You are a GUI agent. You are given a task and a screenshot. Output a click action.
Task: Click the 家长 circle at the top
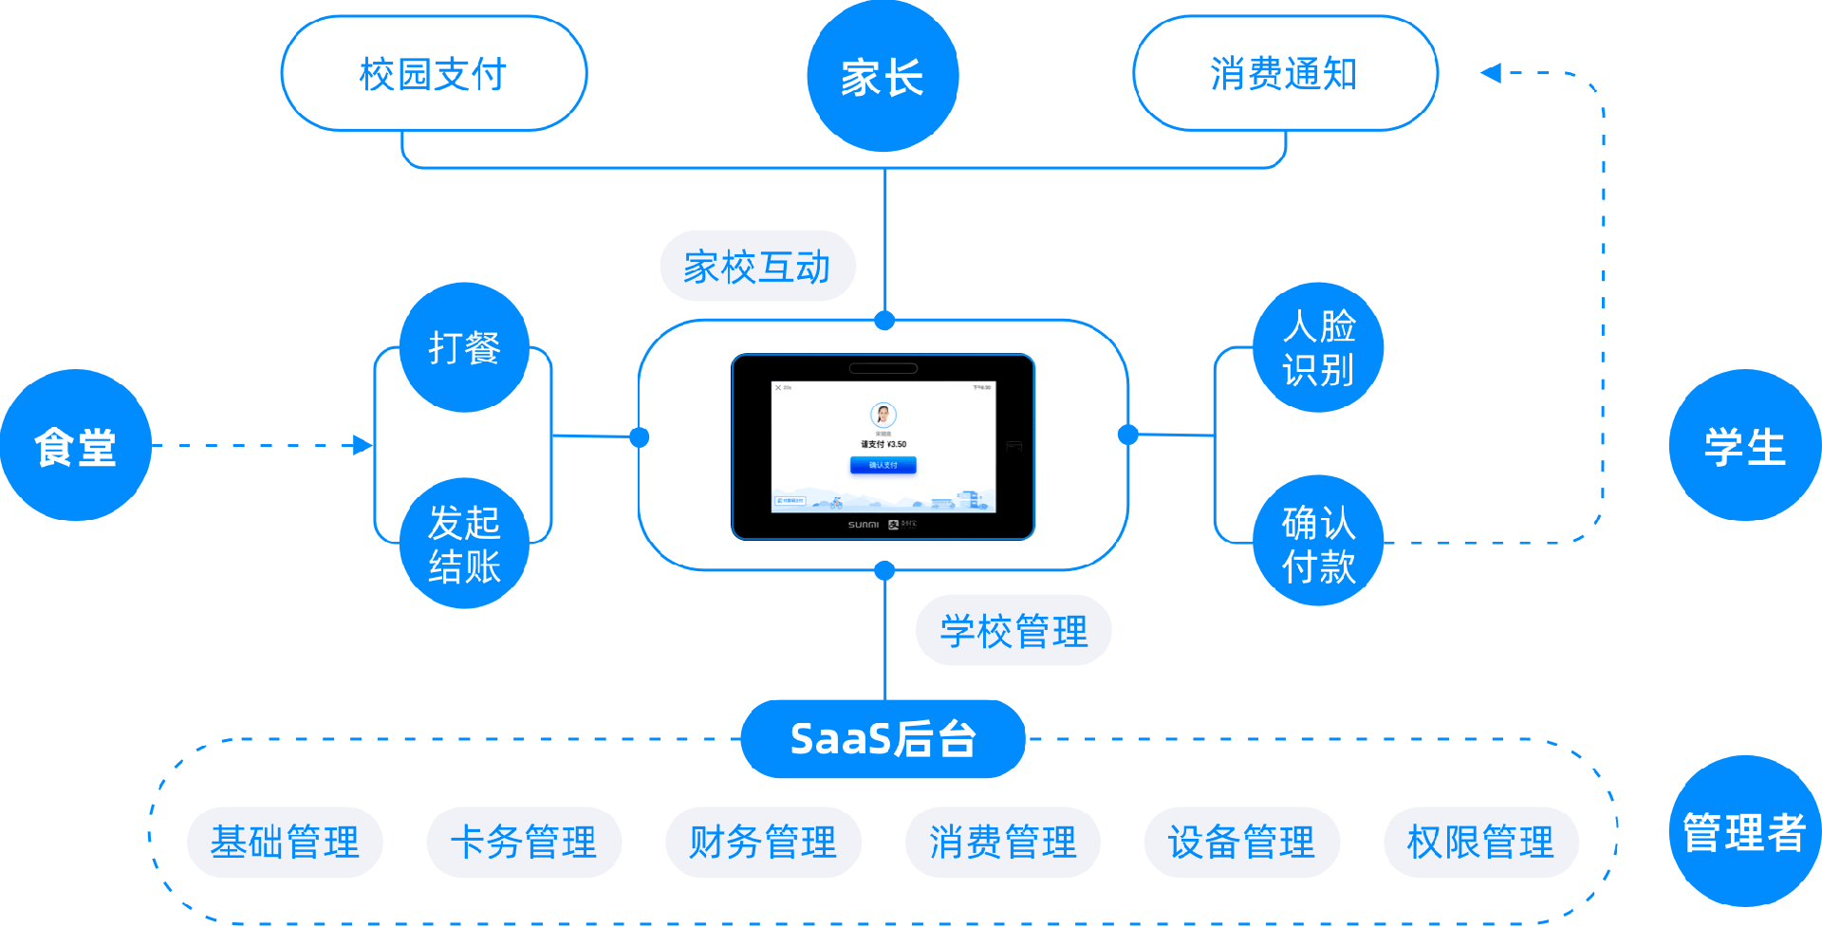tap(883, 76)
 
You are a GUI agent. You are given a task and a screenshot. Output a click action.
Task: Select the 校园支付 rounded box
tap(434, 74)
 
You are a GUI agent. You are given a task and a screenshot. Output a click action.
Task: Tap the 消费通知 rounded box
tap(1285, 74)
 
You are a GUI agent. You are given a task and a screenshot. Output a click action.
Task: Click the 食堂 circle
tap(76, 445)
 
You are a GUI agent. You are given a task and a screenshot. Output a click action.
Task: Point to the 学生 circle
tap(1744, 445)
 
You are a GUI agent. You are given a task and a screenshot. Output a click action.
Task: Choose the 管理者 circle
tap(1744, 831)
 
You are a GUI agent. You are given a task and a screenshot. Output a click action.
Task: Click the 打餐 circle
tap(464, 347)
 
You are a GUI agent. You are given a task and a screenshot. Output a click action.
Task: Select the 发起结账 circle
tap(464, 544)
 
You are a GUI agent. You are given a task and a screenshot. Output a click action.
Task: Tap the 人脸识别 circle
tap(1318, 347)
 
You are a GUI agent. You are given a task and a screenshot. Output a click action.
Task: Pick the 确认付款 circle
tap(1318, 542)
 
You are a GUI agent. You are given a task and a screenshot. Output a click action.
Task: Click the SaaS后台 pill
tap(883, 738)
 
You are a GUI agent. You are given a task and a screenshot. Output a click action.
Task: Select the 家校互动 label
tap(757, 267)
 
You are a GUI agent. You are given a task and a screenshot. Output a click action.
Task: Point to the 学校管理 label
tap(1013, 631)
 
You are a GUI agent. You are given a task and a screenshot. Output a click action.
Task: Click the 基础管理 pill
tap(285, 842)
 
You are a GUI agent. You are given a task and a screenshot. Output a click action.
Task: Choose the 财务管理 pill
tap(763, 842)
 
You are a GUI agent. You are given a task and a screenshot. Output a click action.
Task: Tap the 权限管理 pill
tap(1480, 842)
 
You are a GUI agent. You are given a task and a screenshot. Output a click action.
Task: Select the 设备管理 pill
tap(1241, 842)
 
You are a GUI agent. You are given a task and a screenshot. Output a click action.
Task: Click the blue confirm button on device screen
tap(883, 465)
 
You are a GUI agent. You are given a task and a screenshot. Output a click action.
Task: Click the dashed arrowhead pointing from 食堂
tap(363, 445)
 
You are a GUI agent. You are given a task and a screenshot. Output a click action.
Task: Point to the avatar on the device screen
tap(883, 415)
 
